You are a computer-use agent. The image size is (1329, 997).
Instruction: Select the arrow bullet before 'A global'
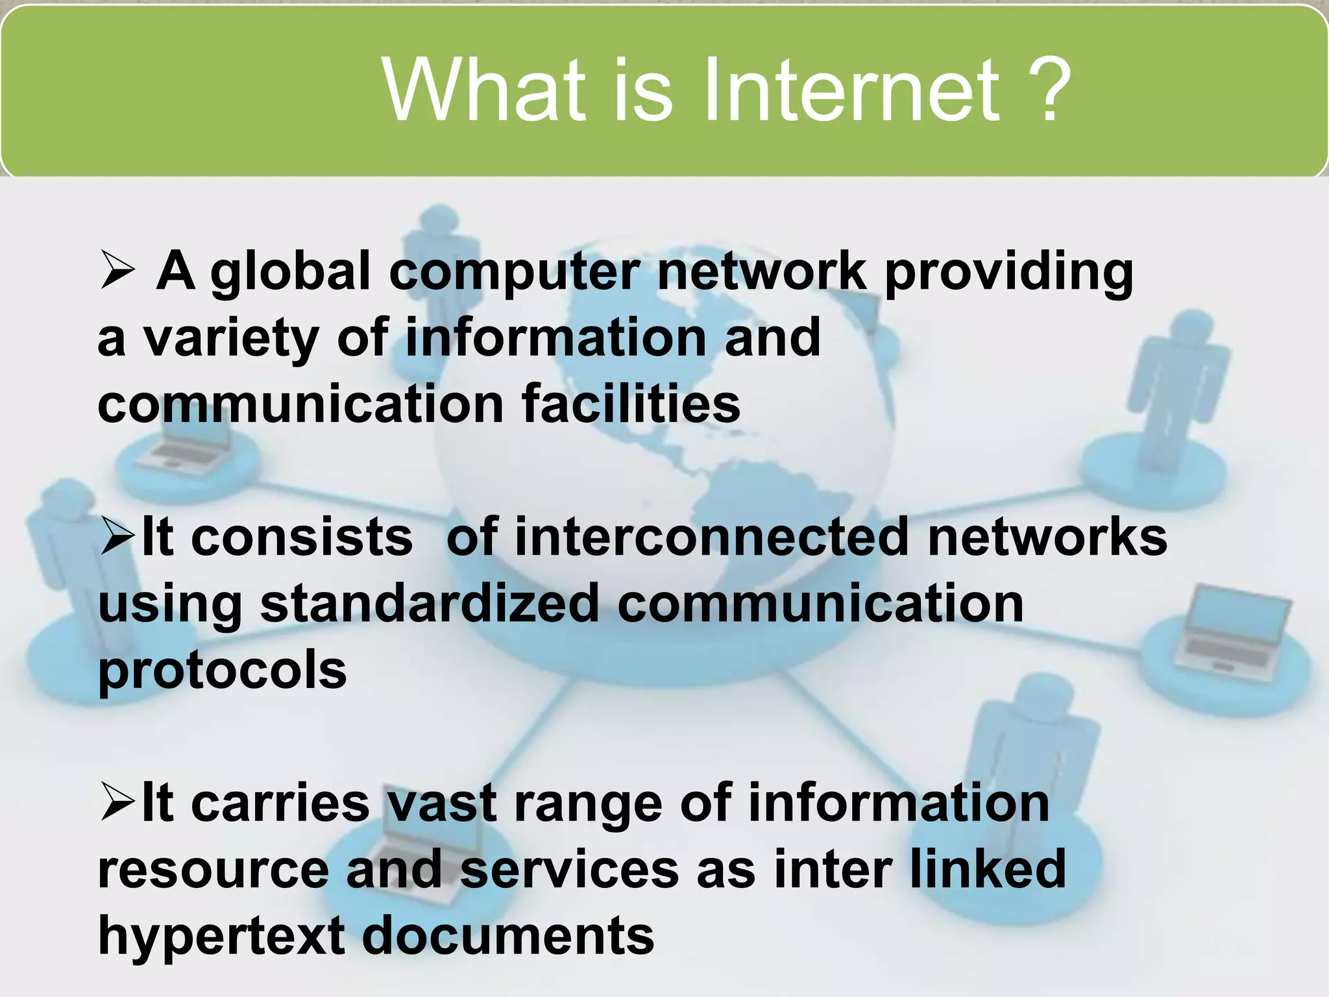click(117, 271)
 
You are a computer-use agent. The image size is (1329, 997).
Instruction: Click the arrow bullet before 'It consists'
click(117, 538)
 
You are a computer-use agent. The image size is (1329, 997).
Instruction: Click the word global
click(290, 273)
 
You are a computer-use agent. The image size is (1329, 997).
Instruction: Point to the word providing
click(1008, 273)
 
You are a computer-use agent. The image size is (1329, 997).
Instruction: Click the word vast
click(441, 804)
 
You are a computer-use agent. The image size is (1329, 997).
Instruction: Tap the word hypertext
click(221, 936)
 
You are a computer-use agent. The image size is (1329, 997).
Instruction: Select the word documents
click(507, 936)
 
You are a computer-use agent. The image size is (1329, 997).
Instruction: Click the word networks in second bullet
click(1047, 537)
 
